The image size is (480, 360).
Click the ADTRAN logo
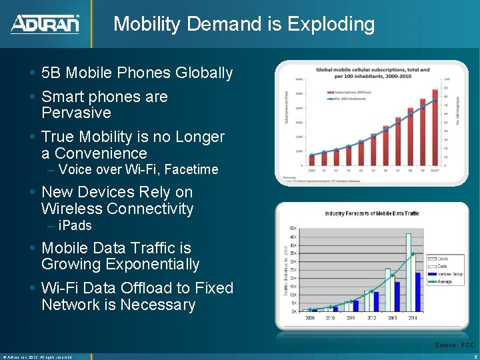pos(45,24)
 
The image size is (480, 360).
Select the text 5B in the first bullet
pos(52,73)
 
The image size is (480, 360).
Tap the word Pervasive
pos(76,113)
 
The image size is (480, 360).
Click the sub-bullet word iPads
pos(75,225)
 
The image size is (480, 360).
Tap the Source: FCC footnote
pos(454,345)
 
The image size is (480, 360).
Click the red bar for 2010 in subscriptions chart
pos(435,127)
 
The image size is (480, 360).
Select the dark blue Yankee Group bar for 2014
pos(418,292)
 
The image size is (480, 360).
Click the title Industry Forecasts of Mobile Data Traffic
pos(372,213)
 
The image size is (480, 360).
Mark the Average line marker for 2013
pos(393,275)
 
